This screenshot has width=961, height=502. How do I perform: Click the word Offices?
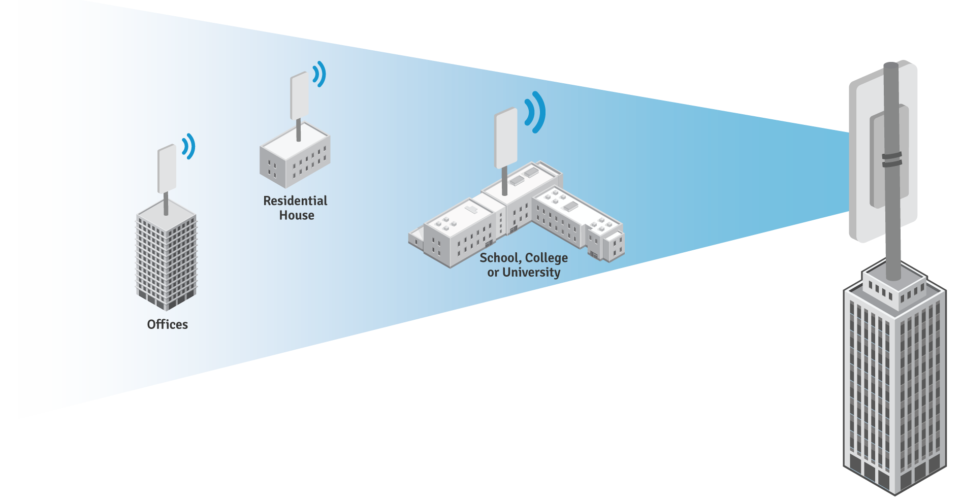point(167,324)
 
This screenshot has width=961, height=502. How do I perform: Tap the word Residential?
point(295,201)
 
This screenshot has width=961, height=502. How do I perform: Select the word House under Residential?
point(297,216)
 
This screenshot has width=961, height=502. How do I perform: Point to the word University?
point(531,273)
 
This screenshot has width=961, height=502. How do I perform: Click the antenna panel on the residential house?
point(299,96)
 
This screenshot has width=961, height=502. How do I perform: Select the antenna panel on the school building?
point(505,138)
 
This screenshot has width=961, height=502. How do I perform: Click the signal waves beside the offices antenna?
point(189,146)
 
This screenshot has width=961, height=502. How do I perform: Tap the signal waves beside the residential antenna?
point(319,74)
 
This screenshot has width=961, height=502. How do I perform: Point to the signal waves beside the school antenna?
point(536,112)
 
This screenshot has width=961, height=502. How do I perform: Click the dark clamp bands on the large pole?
point(891,159)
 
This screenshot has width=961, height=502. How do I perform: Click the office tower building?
point(166,259)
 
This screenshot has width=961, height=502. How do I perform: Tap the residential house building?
point(295,158)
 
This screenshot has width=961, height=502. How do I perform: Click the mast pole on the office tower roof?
point(166,204)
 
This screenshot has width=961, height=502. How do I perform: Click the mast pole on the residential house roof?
point(298,130)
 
